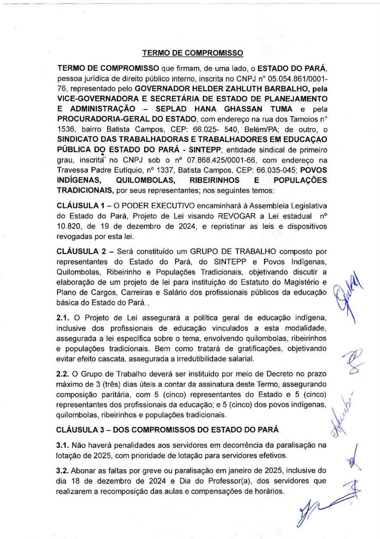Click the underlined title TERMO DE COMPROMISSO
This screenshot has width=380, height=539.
(x=193, y=53)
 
